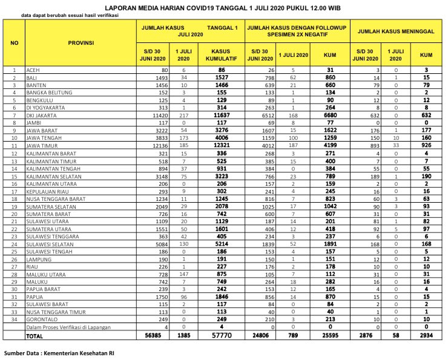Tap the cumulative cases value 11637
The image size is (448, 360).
[223, 114]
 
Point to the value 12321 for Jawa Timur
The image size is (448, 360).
[223, 146]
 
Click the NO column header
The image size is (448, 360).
[14, 43]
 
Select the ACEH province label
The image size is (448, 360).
[33, 70]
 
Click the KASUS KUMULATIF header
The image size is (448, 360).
[223, 55]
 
